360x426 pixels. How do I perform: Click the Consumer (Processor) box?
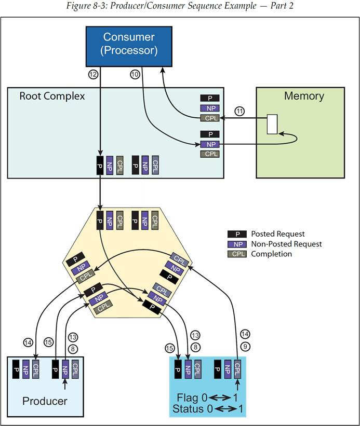[129, 47]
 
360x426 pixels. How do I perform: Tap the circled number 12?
[94, 74]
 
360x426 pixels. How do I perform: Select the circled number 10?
[135, 74]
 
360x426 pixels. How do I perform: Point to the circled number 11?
[239, 111]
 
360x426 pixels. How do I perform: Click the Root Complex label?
[52, 96]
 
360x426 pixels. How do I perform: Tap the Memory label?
[304, 96]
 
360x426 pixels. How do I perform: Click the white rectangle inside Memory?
[272, 124]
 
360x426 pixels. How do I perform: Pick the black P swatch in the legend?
[237, 234]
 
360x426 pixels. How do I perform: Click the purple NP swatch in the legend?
[237, 244]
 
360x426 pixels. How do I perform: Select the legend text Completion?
[271, 254]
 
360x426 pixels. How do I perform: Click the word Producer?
[45, 401]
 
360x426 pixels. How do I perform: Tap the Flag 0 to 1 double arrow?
[220, 398]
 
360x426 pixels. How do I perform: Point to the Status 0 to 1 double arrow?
[225, 408]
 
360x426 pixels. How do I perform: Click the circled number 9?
[245, 347]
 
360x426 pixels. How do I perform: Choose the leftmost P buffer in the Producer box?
[16, 369]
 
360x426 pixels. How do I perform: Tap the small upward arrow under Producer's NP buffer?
[65, 384]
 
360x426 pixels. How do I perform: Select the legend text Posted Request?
[277, 234]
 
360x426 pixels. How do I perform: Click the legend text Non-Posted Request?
[286, 244]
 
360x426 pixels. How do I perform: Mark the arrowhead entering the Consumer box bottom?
[163, 70]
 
